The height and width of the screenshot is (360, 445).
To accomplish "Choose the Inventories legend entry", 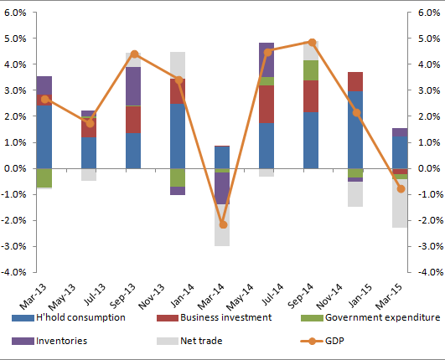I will pyautogui.click(x=60, y=340).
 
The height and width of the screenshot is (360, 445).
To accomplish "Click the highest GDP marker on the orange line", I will pyautogui.click(x=311, y=42).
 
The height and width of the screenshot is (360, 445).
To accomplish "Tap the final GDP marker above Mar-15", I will pyautogui.click(x=401, y=189).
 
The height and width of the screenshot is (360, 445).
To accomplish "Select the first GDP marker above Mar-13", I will pyautogui.click(x=44, y=99).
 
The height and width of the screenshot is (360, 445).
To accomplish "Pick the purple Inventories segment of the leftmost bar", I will pyautogui.click(x=44, y=87).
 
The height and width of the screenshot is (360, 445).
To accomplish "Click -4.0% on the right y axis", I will pyautogui.click(x=429, y=272).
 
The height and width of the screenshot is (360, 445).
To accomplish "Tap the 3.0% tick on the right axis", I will pyautogui.click(x=429, y=90).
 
